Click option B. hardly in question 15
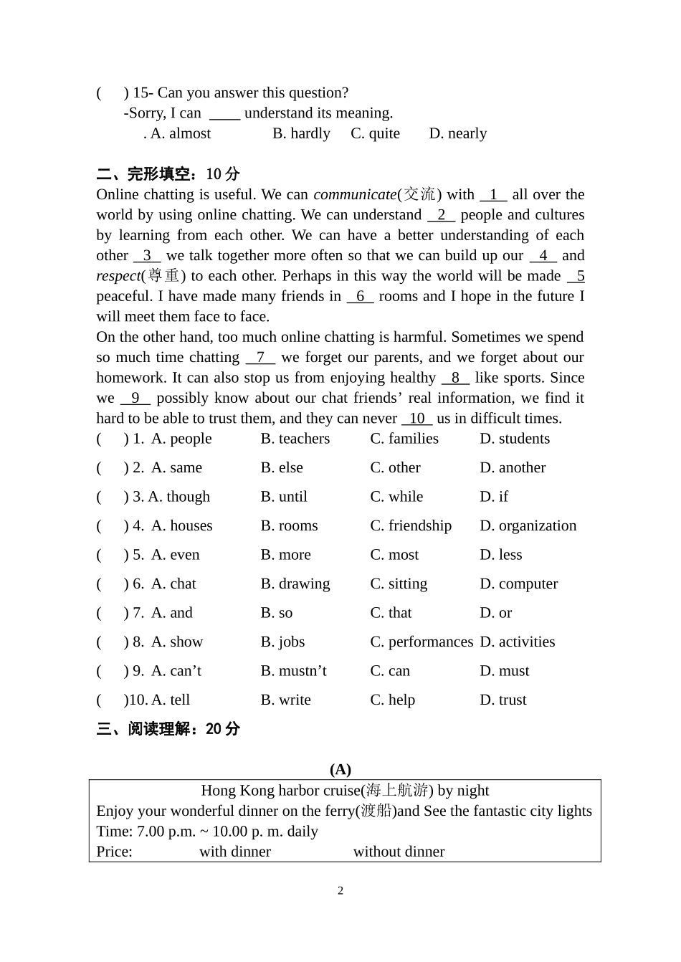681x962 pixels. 301,133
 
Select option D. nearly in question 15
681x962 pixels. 457,133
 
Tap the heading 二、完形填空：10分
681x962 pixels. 168,174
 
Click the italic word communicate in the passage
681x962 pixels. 355,194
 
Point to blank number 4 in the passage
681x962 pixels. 543,255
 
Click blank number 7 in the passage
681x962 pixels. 259,357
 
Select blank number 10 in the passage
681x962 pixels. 416,418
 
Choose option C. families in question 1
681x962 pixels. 404,439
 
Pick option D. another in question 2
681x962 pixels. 513,467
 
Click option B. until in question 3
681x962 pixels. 284,497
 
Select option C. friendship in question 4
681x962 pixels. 411,525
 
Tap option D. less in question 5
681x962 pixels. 500,555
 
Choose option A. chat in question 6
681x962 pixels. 173,584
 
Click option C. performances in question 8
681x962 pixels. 422,642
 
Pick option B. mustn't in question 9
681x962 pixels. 293,671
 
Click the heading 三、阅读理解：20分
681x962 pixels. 168,729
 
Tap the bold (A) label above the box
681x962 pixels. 340,769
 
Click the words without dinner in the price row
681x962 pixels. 399,852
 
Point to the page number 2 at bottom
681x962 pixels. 340,891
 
